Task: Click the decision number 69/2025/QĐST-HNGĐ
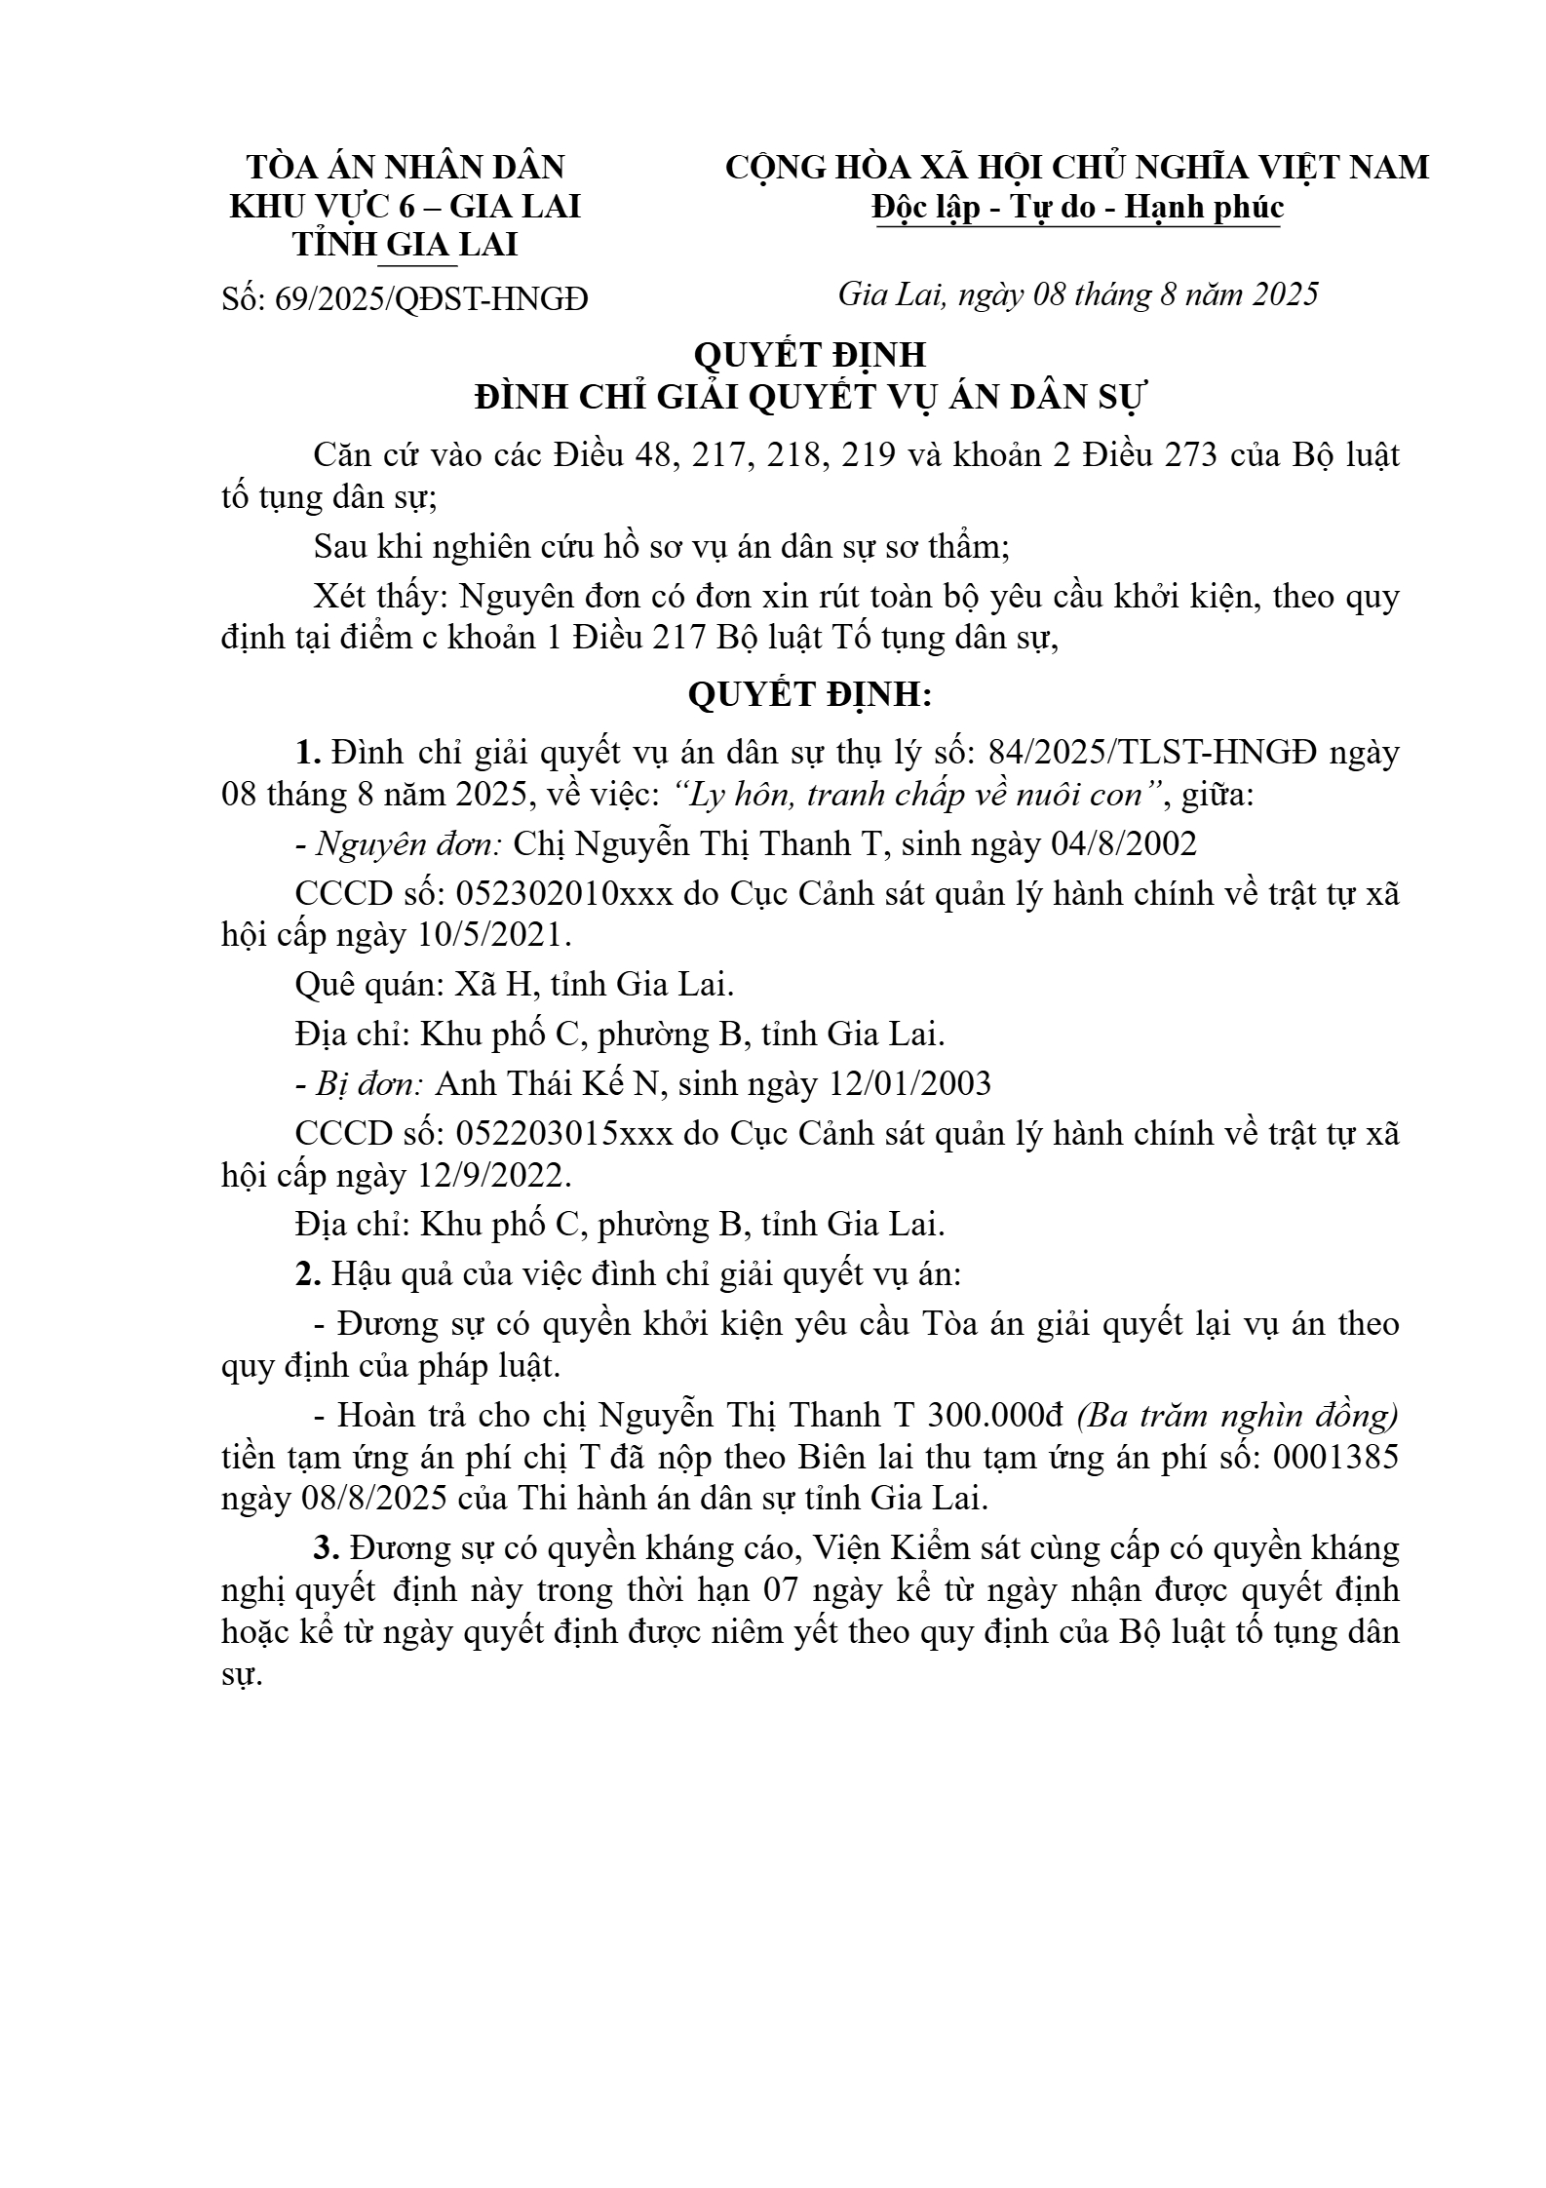click(432, 298)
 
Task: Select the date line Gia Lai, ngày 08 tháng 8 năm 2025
click(1077, 293)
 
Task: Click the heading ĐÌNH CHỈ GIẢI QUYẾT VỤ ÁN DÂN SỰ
click(811, 398)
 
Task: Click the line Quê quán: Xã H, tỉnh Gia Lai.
click(514, 985)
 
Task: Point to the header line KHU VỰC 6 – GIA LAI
click(405, 207)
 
